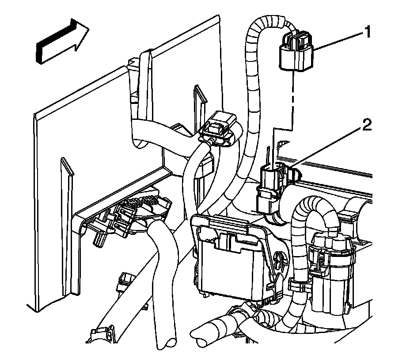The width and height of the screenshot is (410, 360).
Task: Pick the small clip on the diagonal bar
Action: click(x=125, y=281)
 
